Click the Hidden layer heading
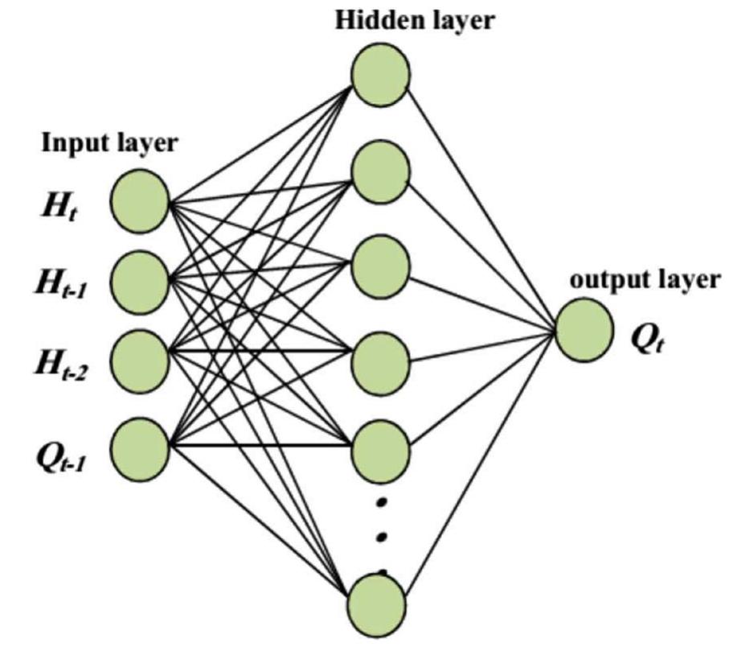point(415,19)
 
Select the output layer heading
point(645,280)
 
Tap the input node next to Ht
point(139,201)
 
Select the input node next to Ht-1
point(139,280)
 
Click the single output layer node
point(584,330)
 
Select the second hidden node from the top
point(380,170)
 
